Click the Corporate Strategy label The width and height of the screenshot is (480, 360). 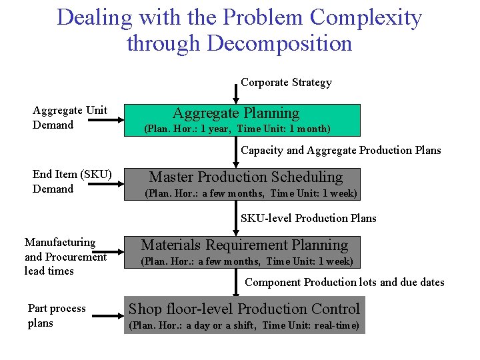pos(286,83)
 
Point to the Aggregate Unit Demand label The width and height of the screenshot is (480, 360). pos(70,117)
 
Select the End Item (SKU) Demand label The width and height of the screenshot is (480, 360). pos(71,181)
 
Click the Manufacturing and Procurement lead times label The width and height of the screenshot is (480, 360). pos(65,257)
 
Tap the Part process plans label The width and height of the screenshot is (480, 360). pos(57,315)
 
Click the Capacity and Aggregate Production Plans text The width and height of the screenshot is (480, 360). pos(341,150)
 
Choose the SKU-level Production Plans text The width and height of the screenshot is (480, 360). pos(308,218)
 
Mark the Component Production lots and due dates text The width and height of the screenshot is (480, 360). pos(344,282)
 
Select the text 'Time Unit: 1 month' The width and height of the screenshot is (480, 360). pos(289,129)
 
